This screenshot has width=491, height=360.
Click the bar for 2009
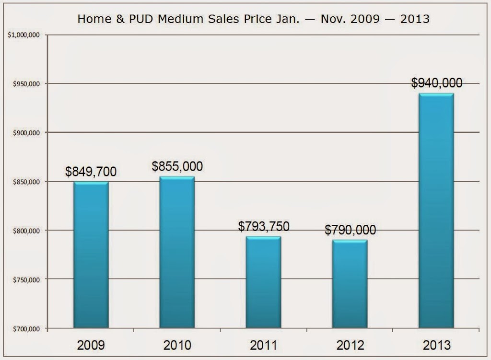tap(91, 255)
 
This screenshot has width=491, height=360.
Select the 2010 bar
tap(177, 252)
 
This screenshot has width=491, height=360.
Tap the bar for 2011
tap(263, 282)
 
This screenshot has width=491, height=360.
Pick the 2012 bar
tap(350, 284)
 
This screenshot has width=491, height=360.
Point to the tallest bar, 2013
tap(436, 210)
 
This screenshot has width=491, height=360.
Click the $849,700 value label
tap(91, 172)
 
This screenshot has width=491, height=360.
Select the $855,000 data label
tap(177, 166)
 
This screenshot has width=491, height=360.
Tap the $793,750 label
tap(264, 226)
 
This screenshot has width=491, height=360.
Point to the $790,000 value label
tap(350, 230)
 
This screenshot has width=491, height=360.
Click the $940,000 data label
tap(436, 83)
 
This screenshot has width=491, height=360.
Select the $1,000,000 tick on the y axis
tap(24, 35)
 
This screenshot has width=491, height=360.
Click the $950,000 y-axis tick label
tap(26, 84)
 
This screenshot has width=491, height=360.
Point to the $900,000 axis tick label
tap(26, 133)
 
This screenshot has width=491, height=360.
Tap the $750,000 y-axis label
tap(26, 280)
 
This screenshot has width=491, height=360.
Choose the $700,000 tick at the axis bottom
tap(26, 329)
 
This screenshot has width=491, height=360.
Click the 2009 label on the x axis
tap(91, 345)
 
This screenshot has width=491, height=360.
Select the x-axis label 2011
tap(264, 345)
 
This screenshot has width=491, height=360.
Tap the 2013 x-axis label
tap(436, 345)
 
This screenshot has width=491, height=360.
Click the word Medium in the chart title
tap(180, 19)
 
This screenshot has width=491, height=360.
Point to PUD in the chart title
tap(141, 19)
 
